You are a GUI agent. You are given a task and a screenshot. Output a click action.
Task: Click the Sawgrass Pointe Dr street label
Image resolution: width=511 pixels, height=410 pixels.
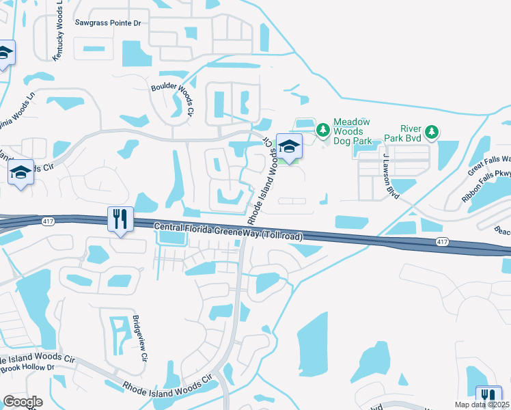(108, 23)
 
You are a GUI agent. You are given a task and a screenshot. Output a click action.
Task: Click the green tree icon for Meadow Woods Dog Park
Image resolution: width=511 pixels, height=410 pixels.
(322, 128)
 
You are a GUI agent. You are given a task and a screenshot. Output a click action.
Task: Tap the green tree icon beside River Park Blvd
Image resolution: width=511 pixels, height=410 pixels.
(431, 131)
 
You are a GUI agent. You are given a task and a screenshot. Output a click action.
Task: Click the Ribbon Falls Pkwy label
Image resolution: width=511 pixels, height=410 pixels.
(486, 186)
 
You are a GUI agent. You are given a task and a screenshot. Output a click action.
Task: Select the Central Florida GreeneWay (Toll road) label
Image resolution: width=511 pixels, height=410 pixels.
(228, 231)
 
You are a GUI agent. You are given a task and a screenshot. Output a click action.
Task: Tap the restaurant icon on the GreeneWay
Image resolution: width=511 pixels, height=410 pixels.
(119, 219)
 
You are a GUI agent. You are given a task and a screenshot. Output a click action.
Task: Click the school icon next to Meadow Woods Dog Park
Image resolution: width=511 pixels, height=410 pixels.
(290, 146)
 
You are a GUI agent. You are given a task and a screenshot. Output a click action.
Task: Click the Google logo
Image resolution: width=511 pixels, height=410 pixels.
(23, 402)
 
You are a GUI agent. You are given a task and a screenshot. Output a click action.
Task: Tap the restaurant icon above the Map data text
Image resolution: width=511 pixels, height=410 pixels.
(488, 396)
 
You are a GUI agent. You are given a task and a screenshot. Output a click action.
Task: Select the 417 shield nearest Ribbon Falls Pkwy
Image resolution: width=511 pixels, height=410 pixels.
(442, 242)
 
